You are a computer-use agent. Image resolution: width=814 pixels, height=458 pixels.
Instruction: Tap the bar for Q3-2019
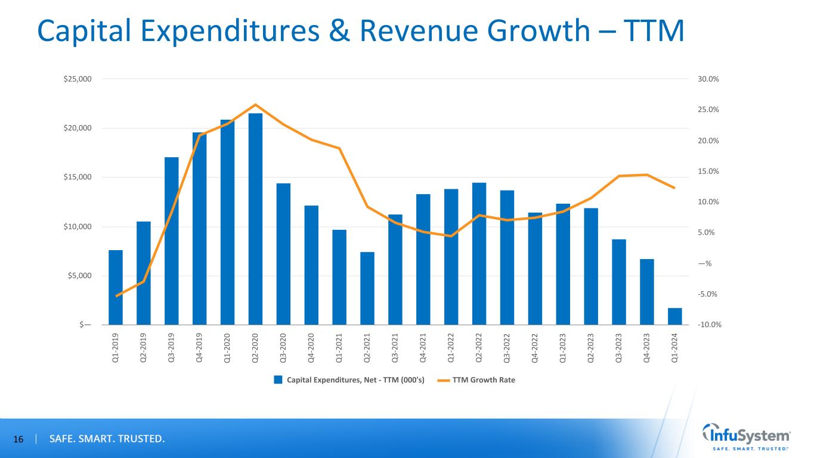pos(172,241)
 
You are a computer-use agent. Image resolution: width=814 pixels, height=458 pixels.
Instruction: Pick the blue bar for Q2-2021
pos(367,288)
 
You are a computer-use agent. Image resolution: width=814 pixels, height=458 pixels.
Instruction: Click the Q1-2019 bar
pos(116,288)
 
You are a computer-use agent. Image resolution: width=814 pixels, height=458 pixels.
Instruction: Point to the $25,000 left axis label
pos(77,79)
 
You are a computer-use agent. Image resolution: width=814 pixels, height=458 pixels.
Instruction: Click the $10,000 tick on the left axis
pos(77,227)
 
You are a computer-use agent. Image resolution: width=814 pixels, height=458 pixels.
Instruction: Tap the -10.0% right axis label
pos(708,325)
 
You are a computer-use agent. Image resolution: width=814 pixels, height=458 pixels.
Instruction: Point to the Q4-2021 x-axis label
pos(423,348)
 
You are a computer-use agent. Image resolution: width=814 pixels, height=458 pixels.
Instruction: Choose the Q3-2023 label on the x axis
pos(618,348)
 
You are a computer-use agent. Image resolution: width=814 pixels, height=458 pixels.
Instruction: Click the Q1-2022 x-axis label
pos(451,348)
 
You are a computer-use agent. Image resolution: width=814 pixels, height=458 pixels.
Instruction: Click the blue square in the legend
pos(278,380)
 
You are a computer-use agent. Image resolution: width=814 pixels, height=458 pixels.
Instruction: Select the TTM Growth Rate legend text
pos(484,380)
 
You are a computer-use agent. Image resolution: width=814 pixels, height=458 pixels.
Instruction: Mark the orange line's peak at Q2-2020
pos(255,105)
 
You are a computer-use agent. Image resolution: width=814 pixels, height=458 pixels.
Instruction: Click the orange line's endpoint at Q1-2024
pos(674,188)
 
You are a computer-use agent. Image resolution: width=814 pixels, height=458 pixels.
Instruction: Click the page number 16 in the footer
pos(18,440)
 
